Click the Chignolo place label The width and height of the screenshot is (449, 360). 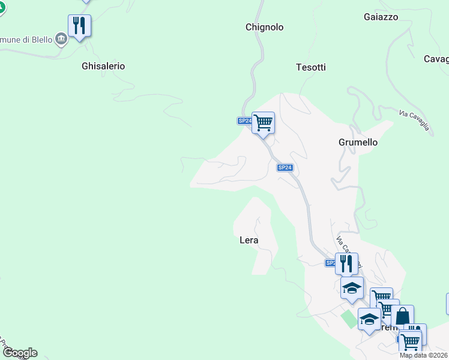[264, 27]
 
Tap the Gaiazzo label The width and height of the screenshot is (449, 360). [381, 17]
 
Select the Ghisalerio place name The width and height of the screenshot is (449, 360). [103, 66]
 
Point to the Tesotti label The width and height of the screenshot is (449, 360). [311, 67]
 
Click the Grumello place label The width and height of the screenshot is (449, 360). [358, 142]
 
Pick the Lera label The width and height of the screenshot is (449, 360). [249, 240]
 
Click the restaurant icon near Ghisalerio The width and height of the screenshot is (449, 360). [79, 26]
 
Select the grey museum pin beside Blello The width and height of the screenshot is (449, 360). [61, 40]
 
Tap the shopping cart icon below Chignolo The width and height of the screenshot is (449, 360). [263, 123]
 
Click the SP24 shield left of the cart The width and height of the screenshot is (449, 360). [244, 121]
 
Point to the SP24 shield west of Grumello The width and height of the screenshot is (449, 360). [285, 168]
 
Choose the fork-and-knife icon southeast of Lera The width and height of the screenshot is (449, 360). [346, 263]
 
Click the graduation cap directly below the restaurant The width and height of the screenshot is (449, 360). [352, 288]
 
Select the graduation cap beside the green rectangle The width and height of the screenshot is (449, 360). [369, 319]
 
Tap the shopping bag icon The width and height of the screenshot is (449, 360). [403, 316]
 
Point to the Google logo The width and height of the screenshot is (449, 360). [19, 353]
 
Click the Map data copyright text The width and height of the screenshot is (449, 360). [424, 355]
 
